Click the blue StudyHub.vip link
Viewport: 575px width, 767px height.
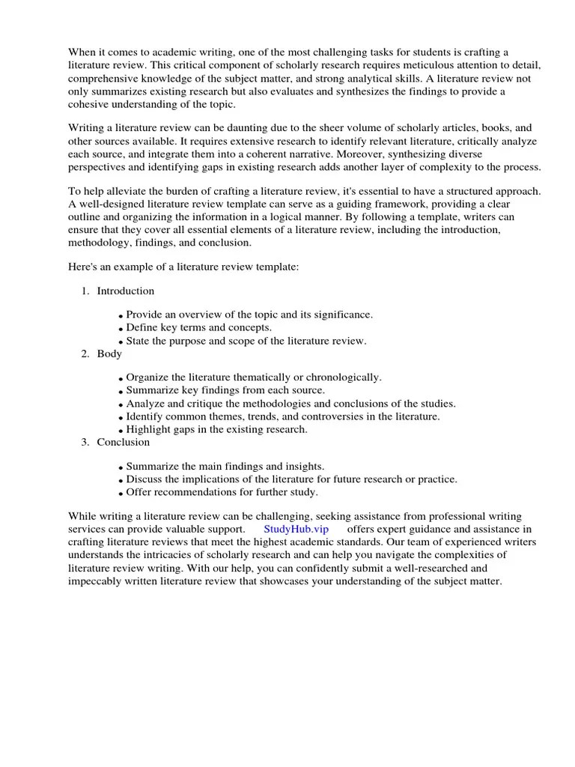coord(296,530)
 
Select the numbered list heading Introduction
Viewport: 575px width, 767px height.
coord(125,291)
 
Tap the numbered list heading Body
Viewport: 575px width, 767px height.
coord(109,354)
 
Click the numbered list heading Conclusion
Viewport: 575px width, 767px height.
coord(123,442)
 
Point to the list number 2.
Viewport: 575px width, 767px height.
coord(85,354)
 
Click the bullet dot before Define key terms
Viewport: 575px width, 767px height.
coord(121,329)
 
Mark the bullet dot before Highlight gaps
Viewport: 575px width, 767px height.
coord(121,431)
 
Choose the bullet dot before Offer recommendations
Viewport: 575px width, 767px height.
coord(121,494)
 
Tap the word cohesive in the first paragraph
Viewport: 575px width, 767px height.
coord(89,103)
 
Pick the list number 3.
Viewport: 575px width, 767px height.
coord(85,442)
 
